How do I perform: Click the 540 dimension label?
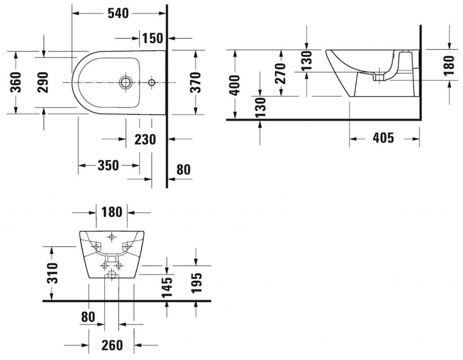tap(118, 14)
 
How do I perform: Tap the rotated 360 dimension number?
tap(16, 82)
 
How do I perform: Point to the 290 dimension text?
tap(43, 82)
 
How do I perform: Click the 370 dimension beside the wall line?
tap(195, 82)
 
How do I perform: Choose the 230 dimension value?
tap(145, 140)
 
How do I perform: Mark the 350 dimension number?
tap(109, 166)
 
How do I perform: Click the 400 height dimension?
tap(235, 84)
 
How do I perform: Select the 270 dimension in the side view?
tap(281, 73)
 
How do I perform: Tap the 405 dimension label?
tap(383, 138)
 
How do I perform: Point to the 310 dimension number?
tap(53, 273)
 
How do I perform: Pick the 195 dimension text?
tap(196, 282)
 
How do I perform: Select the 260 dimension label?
tap(112, 346)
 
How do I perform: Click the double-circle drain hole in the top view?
tap(125, 83)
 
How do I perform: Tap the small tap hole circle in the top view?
tap(151, 83)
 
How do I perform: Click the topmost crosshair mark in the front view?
tap(112, 237)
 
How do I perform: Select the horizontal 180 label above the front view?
tap(112, 211)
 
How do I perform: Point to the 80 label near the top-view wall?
tap(183, 170)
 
